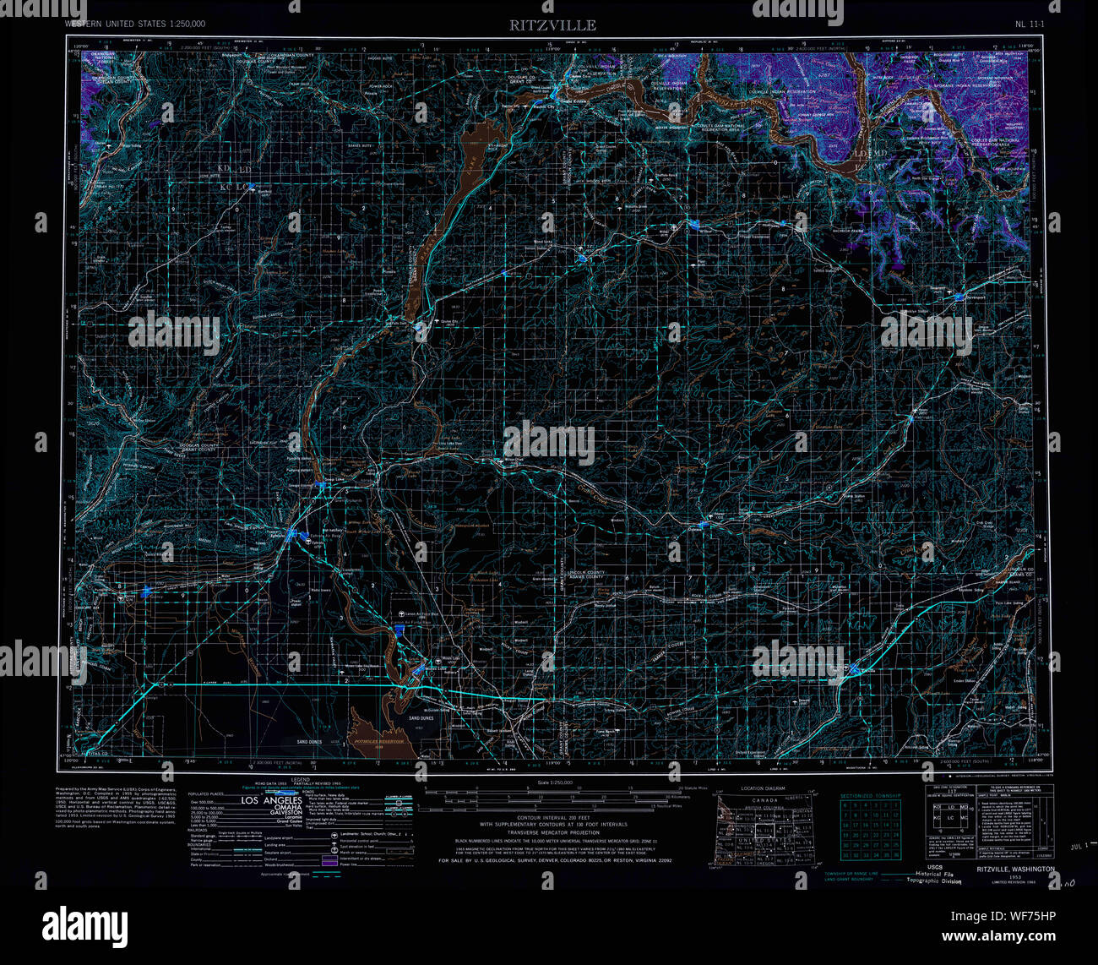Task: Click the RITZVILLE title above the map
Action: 552,25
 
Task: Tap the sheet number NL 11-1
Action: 1029,25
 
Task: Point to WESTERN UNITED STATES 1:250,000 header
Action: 134,25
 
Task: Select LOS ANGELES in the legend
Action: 272,800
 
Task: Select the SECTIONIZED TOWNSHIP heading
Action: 871,795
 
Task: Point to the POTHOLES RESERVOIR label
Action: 380,740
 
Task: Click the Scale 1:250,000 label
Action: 554,784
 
